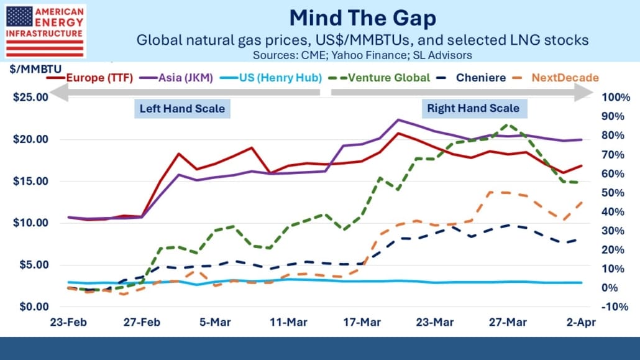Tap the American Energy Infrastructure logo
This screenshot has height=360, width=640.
click(x=45, y=30)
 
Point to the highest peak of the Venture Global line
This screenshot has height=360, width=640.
click(x=506, y=124)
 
